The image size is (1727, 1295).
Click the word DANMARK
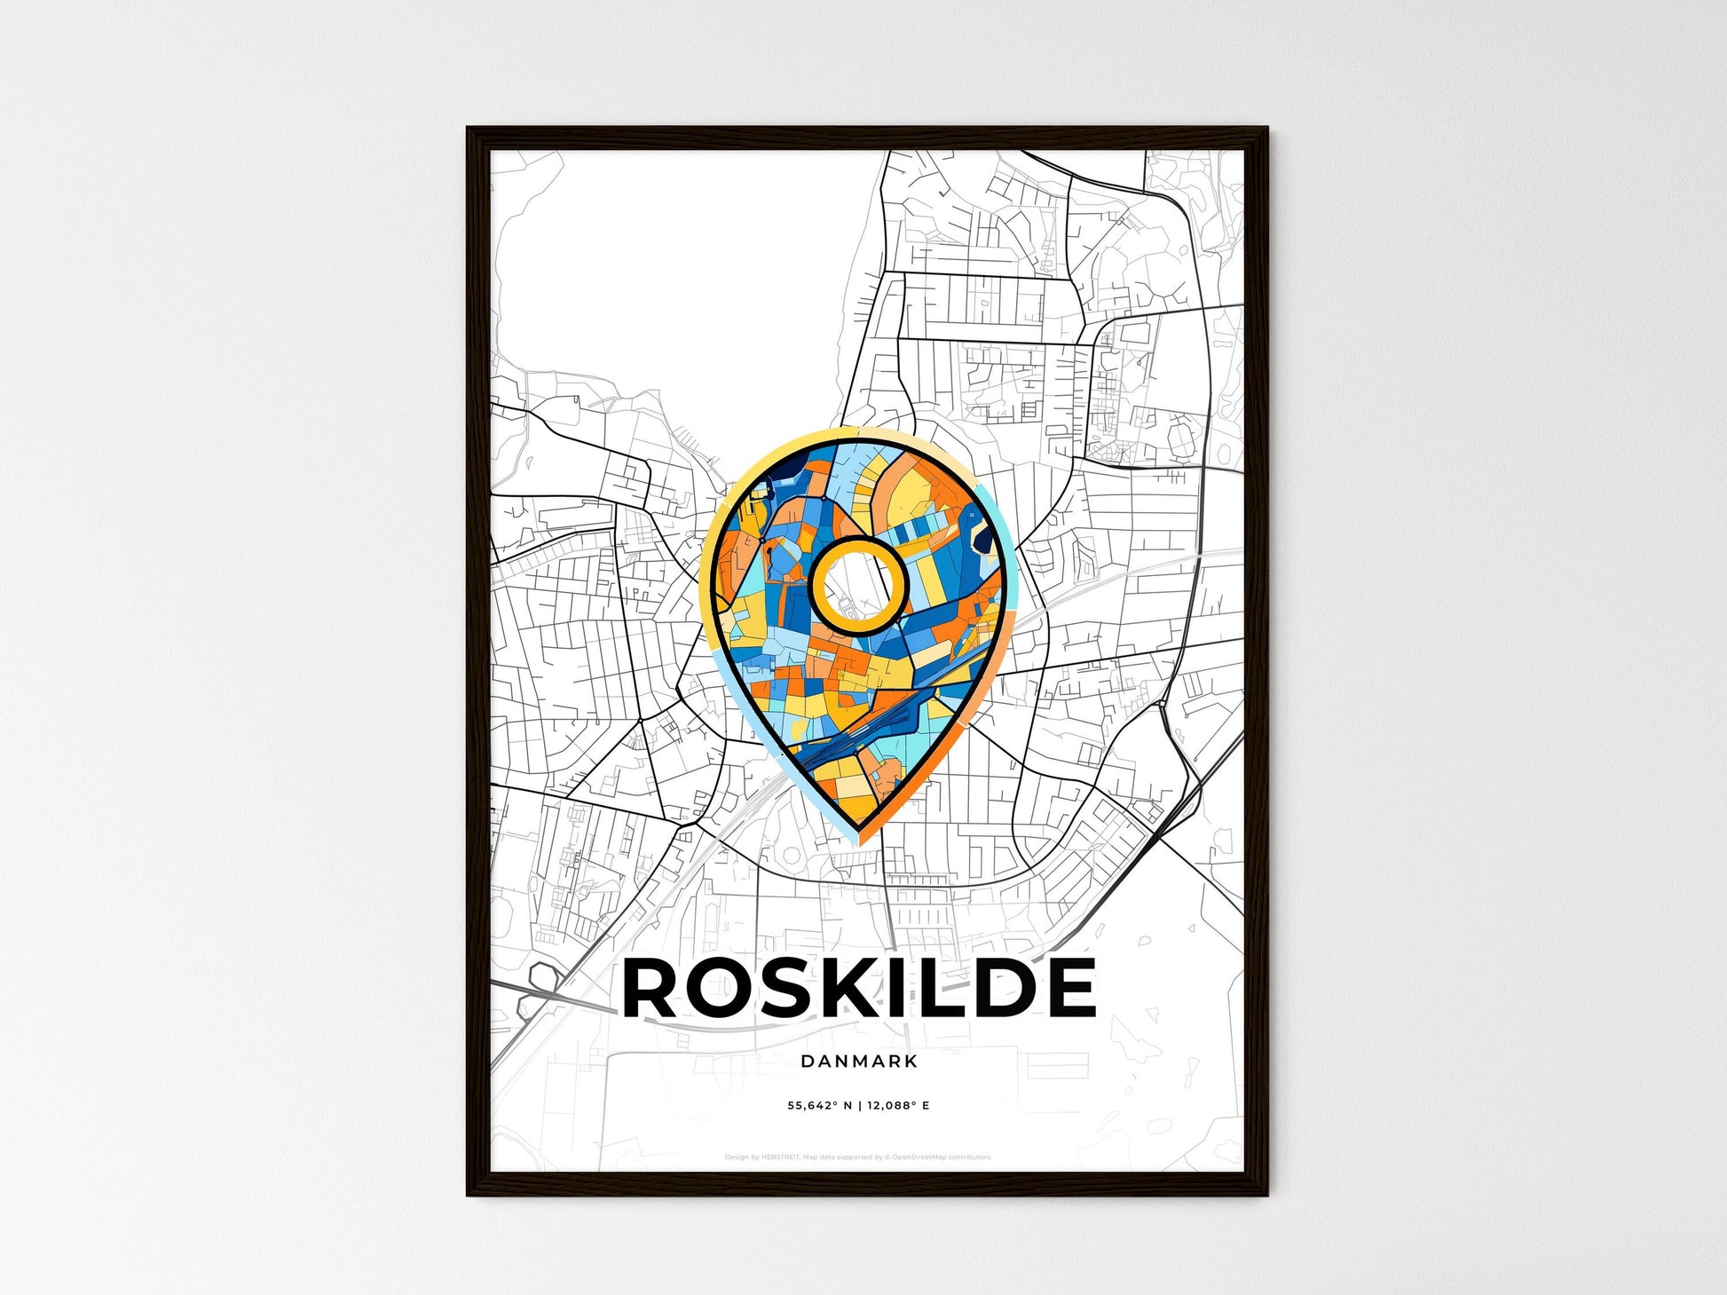[x=858, y=1061]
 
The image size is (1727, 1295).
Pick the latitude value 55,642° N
[x=819, y=1106]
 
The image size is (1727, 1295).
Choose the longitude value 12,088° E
[x=898, y=1106]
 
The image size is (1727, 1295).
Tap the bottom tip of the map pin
[x=859, y=833]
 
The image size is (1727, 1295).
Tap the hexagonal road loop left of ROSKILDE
[x=543, y=978]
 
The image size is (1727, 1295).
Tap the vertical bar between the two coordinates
[x=859, y=1106]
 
